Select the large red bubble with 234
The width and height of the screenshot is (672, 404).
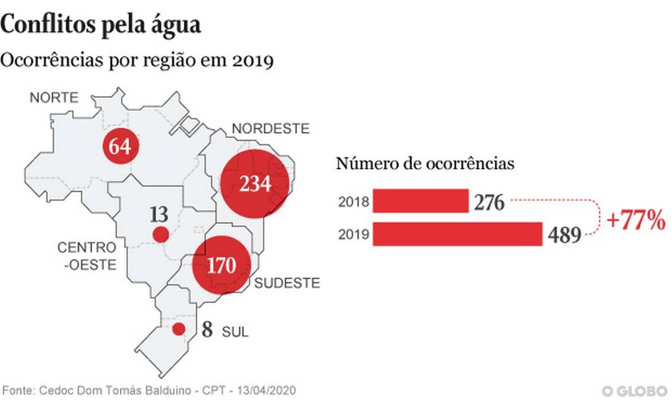[256, 183]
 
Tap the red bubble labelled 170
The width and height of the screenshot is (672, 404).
[222, 265]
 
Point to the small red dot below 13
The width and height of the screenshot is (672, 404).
[160, 235]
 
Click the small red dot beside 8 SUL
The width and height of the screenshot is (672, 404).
[179, 329]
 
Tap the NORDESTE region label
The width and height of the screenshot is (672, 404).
[270, 129]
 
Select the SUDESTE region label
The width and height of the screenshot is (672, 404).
[287, 284]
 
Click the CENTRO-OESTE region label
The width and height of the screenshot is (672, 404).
[87, 256]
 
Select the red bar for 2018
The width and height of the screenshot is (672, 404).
[421, 201]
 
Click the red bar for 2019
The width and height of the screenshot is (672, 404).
[458, 234]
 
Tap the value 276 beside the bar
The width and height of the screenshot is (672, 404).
[490, 202]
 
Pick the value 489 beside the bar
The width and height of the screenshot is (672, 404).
[564, 235]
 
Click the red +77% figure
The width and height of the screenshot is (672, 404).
[636, 220]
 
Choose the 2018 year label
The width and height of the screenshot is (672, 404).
[354, 202]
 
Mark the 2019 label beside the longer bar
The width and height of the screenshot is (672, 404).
[354, 235]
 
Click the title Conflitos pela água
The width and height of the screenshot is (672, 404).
[101, 25]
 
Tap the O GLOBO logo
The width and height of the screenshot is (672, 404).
[635, 391]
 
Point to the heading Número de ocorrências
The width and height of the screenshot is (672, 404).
[425, 164]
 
